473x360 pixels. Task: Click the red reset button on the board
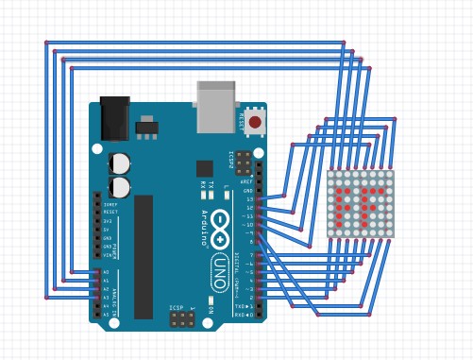tap(255, 123)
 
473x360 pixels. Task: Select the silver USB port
tap(215, 107)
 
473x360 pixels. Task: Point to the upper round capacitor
tap(121, 163)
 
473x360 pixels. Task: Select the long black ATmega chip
tap(143, 256)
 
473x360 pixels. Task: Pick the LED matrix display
tap(361, 203)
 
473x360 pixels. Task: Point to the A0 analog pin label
tap(106, 272)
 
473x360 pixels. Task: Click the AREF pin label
tap(247, 181)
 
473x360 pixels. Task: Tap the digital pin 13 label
tap(249, 199)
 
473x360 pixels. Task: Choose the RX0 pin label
tap(241, 315)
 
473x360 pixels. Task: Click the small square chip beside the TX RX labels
tap(205, 169)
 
